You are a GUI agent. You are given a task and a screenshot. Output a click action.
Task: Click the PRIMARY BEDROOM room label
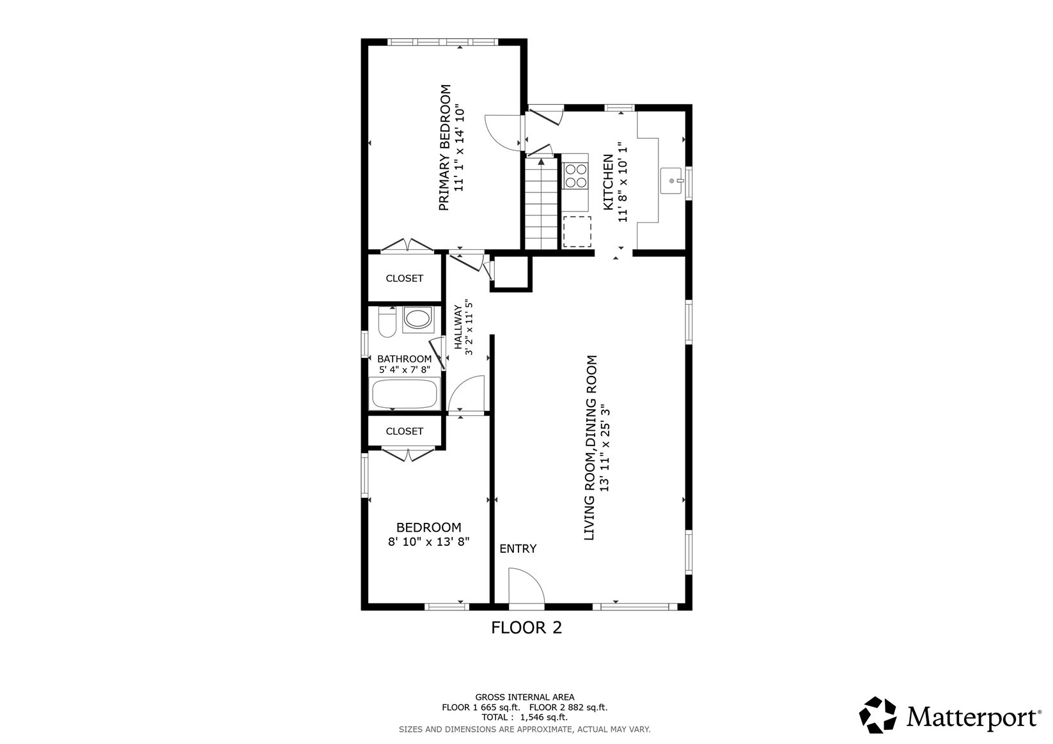pyautogui.click(x=445, y=147)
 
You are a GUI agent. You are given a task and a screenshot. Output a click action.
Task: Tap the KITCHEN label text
pyautogui.click(x=608, y=182)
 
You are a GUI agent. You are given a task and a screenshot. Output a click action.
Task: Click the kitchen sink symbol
pyautogui.click(x=671, y=180)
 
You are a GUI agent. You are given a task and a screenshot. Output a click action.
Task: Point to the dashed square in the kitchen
pyautogui.click(x=577, y=231)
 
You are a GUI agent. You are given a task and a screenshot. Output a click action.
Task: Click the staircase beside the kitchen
pyautogui.click(x=541, y=203)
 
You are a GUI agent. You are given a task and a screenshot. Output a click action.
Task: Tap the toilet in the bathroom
pyautogui.click(x=387, y=322)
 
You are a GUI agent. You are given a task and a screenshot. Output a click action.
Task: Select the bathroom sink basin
pyautogui.click(x=418, y=319)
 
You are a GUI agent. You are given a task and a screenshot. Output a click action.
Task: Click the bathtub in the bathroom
pyautogui.click(x=405, y=393)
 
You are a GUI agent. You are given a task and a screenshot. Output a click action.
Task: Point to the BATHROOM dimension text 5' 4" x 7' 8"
pyautogui.click(x=405, y=370)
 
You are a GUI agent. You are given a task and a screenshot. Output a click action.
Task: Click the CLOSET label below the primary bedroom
pyautogui.click(x=404, y=278)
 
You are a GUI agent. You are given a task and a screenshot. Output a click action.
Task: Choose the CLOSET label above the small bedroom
pyautogui.click(x=404, y=431)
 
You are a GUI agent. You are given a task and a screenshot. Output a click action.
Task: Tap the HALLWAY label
pyautogui.click(x=458, y=327)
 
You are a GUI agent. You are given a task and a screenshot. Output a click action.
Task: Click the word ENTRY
pyautogui.click(x=518, y=548)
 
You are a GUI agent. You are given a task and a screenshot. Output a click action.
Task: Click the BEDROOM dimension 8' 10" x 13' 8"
pyautogui.click(x=429, y=542)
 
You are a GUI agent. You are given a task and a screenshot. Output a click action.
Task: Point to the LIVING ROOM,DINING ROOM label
pyautogui.click(x=590, y=447)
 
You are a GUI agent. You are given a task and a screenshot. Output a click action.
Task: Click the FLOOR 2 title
pyautogui.click(x=527, y=628)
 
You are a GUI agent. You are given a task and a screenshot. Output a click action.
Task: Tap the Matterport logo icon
pyautogui.click(x=878, y=715)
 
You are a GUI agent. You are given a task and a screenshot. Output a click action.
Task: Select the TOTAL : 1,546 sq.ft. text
pyautogui.click(x=525, y=717)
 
